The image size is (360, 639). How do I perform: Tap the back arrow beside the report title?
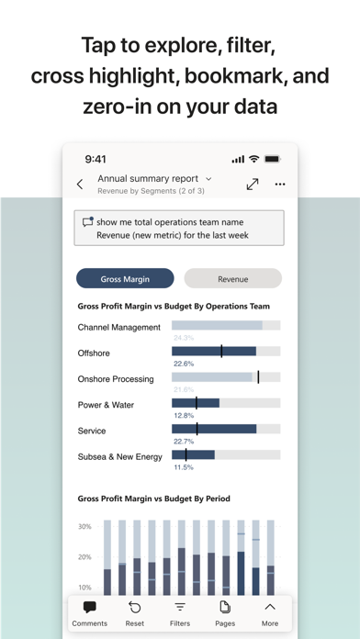pyautogui.click(x=80, y=185)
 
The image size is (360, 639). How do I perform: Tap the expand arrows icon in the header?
pyautogui.click(x=253, y=185)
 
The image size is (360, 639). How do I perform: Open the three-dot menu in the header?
pyautogui.click(x=280, y=185)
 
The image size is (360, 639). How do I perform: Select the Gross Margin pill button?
pyautogui.click(x=125, y=278)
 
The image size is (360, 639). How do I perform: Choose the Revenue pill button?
pyautogui.click(x=232, y=278)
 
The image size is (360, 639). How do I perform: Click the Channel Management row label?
pyautogui.click(x=118, y=327)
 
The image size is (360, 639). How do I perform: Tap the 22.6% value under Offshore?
pyautogui.click(x=184, y=364)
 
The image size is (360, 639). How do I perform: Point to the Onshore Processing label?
pyautogui.click(x=116, y=379)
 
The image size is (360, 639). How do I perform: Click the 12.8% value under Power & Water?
pyautogui.click(x=184, y=416)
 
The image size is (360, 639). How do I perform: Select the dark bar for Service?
pyautogui.click(x=214, y=429)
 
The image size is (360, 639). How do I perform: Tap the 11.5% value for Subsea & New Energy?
pyautogui.click(x=184, y=467)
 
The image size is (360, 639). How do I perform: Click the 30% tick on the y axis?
pyautogui.click(x=84, y=527)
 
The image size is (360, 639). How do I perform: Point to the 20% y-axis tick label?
pyautogui.click(x=84, y=557)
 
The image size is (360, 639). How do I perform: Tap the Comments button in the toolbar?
pyautogui.click(x=90, y=612)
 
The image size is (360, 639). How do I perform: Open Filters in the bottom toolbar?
pyautogui.click(x=180, y=612)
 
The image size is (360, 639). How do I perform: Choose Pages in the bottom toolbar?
pyautogui.click(x=224, y=612)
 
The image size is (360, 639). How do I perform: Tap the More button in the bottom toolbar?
pyautogui.click(x=270, y=612)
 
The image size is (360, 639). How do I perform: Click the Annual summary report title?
pyautogui.click(x=147, y=178)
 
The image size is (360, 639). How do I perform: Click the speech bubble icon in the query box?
pyautogui.click(x=87, y=221)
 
